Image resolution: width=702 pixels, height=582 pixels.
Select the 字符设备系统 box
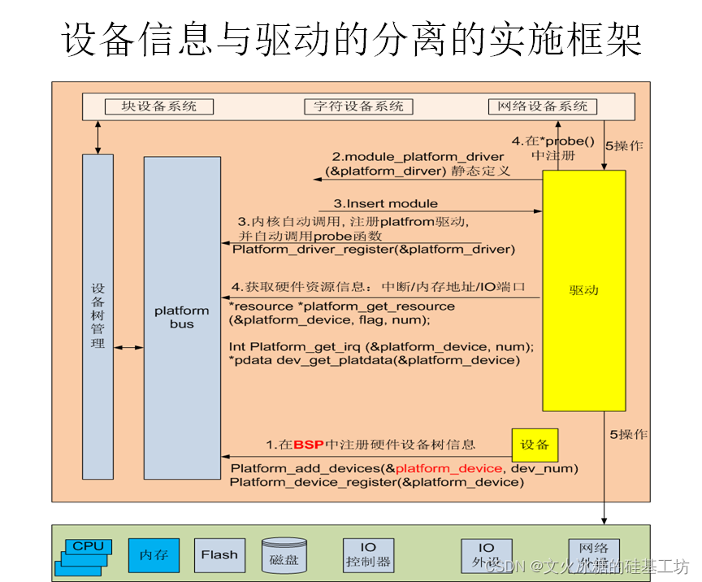tap(358, 106)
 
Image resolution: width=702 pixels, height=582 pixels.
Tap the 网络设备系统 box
tap(543, 106)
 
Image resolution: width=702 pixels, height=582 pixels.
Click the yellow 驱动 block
tap(584, 290)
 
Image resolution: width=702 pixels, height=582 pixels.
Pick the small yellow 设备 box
tap(535, 445)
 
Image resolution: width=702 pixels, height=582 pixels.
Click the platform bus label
tap(182, 317)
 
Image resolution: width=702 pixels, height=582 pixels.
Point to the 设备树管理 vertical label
tap(97, 316)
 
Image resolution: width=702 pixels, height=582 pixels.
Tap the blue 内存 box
tap(154, 555)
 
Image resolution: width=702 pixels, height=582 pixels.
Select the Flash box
tap(219, 555)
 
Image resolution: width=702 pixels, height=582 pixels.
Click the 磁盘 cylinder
tap(284, 555)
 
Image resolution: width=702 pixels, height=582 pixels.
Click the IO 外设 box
tap(486, 555)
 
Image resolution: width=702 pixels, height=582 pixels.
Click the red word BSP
tap(309, 445)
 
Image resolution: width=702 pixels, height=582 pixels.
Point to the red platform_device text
tap(448, 468)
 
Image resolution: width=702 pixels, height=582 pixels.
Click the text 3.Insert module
tap(386, 203)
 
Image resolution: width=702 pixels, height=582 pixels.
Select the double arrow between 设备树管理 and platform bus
tap(129, 347)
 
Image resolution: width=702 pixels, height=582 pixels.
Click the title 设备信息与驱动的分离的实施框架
tap(351, 39)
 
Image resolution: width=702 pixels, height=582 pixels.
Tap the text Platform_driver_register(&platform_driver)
tap(374, 249)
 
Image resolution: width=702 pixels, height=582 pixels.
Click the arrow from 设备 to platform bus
tap(366, 456)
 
